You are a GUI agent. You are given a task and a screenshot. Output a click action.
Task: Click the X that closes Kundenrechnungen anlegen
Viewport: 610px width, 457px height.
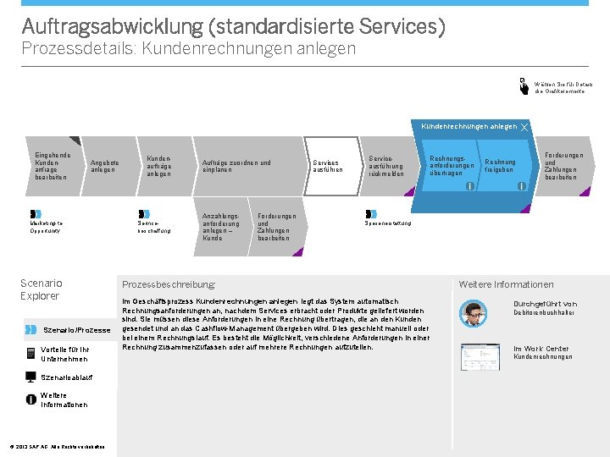tap(524, 127)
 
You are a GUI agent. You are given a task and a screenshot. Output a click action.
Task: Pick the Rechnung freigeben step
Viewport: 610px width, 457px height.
tap(500, 166)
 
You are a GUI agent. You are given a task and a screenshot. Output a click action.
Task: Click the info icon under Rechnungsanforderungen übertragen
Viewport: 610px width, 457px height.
tap(470, 186)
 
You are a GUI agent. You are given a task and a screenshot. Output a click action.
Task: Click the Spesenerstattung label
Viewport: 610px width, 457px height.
tap(388, 223)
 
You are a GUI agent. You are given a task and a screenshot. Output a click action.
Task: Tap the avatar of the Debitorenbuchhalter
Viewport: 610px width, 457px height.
tap(473, 313)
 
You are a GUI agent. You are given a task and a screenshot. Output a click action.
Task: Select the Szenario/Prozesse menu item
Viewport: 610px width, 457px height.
tap(76, 329)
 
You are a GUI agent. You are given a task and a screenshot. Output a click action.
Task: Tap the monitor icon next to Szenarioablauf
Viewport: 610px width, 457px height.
tap(32, 377)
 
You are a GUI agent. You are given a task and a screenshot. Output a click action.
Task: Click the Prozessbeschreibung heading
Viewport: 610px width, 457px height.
tap(169, 285)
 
